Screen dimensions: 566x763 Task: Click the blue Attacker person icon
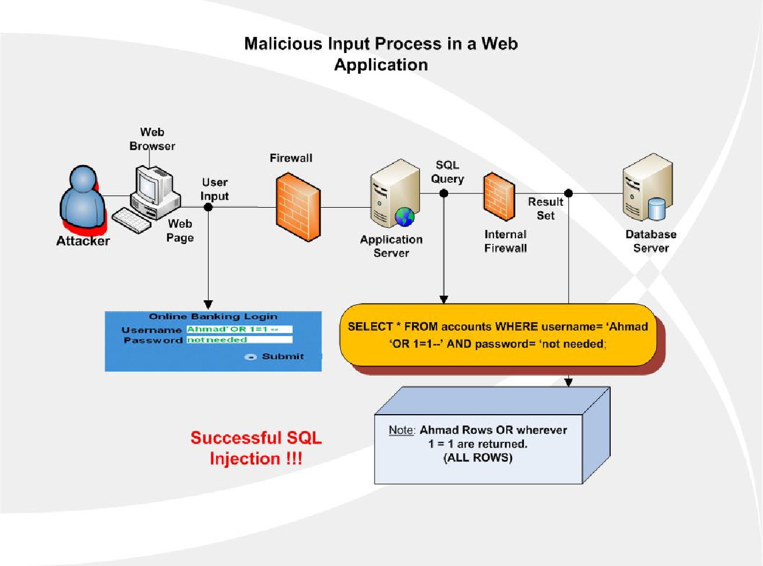[x=83, y=199]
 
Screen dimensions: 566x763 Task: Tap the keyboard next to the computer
[x=131, y=220]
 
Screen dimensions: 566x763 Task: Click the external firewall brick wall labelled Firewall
[x=298, y=207]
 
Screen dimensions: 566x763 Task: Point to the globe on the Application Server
[x=405, y=217]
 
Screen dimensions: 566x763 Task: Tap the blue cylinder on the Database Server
[x=656, y=209]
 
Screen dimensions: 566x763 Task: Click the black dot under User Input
[x=208, y=207]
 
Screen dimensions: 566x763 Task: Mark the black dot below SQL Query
[x=444, y=193]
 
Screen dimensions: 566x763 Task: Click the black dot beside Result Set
[x=568, y=193]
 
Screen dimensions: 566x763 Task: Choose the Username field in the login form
[x=239, y=330]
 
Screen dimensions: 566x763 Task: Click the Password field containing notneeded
[x=239, y=340]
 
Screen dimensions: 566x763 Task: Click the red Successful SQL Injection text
[x=256, y=448]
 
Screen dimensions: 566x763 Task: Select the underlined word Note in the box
[x=401, y=430]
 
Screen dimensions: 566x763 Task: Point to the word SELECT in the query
[x=370, y=327]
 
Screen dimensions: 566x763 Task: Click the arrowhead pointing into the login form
[x=208, y=304]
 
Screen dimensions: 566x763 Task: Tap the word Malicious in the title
[x=283, y=44]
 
